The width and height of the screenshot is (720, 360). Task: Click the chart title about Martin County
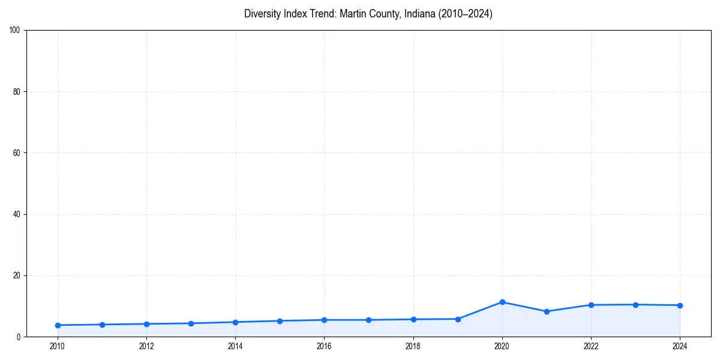[368, 14]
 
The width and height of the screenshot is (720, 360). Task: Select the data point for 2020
[502, 302]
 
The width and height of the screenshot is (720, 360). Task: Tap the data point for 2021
[547, 311]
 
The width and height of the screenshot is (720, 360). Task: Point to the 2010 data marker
[58, 325]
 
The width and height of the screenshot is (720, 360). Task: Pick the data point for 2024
[680, 305]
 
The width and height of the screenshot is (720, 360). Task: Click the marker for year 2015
[280, 321]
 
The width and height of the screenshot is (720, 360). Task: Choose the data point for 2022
[591, 305]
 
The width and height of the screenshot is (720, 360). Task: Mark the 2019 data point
[458, 319]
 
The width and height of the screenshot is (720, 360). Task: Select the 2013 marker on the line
[191, 323]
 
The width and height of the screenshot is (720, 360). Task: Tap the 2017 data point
[368, 320]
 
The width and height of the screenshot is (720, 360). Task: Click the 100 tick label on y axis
[16, 30]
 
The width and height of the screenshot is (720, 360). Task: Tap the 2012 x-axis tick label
[146, 346]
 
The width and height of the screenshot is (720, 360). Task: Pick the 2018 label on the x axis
[413, 346]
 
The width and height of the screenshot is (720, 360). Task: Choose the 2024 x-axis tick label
[680, 346]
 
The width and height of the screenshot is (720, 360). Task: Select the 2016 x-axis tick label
[324, 346]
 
